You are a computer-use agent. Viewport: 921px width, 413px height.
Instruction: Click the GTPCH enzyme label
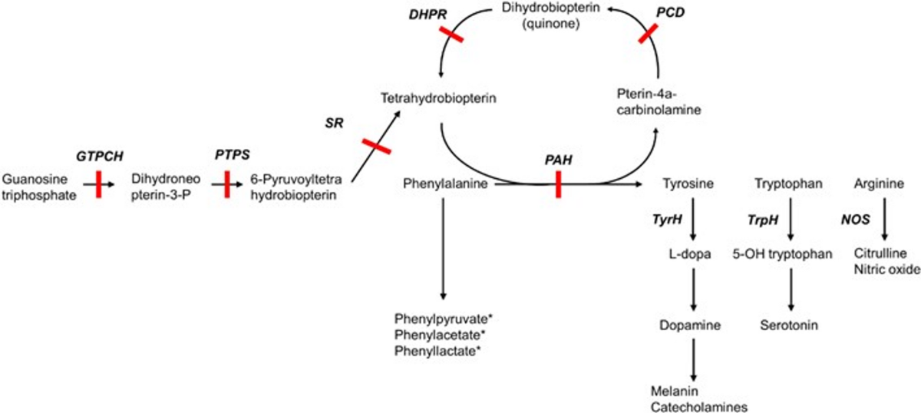100,157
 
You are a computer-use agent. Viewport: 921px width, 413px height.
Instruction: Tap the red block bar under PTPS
227,184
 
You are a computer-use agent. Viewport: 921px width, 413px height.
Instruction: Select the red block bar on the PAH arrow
558,184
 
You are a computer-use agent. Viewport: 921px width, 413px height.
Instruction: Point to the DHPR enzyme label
427,15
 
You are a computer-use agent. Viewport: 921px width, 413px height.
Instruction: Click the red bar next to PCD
648,33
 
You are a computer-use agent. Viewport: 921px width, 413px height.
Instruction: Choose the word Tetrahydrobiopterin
438,98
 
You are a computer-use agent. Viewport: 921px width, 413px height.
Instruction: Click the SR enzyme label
334,123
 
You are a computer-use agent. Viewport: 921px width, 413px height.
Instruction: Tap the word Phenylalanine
445,183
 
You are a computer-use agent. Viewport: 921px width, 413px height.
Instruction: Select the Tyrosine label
688,183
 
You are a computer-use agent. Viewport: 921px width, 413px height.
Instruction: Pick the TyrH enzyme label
667,220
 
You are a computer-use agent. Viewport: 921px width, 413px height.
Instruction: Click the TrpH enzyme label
763,220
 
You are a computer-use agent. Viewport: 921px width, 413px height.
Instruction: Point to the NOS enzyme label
855,220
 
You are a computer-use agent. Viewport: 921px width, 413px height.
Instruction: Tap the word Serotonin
789,325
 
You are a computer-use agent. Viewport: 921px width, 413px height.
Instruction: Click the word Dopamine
690,325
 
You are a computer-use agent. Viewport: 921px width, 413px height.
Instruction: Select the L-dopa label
689,254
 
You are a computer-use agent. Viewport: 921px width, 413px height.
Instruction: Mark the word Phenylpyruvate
441,319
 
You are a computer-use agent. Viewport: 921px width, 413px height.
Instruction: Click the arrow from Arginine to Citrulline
884,220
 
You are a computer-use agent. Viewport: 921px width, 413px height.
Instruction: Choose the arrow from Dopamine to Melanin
693,360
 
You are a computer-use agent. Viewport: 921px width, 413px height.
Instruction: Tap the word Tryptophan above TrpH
789,183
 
